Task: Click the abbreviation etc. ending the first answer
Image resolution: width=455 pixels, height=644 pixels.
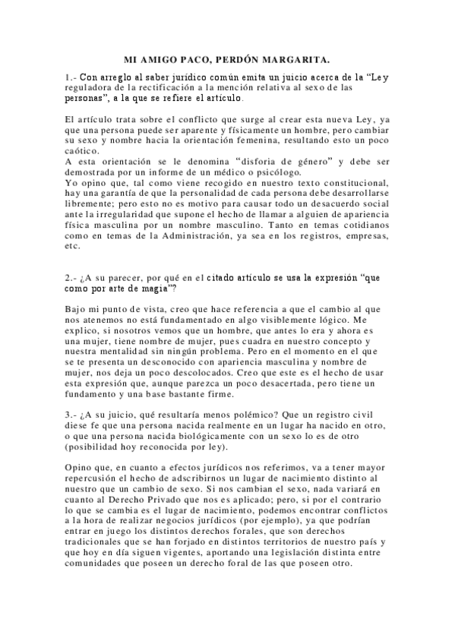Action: (x=73, y=247)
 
